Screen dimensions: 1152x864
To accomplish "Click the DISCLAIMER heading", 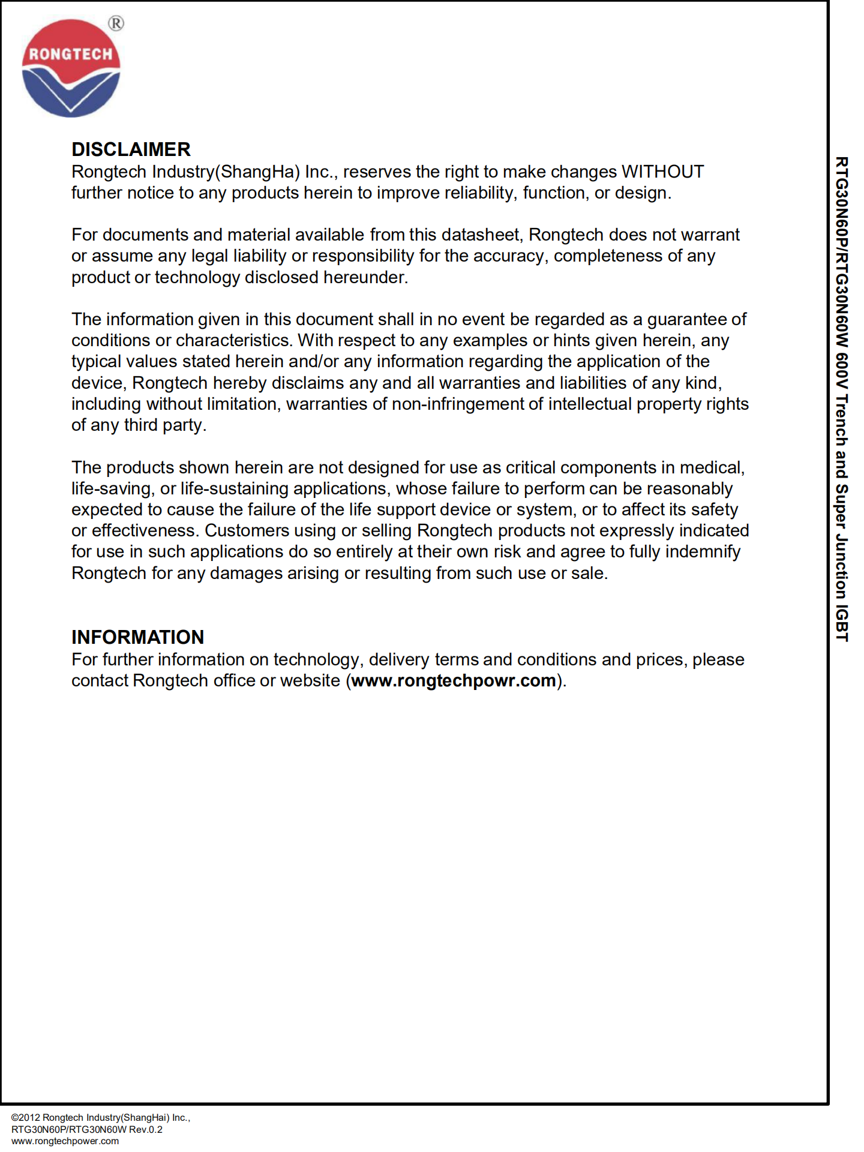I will pos(131,149).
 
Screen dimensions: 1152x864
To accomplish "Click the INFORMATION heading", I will pos(137,637).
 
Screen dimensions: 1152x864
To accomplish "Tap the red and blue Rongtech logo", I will pos(71,68).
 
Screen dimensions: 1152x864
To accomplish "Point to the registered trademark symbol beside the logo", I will pos(116,23).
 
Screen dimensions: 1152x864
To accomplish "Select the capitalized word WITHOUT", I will pos(662,172).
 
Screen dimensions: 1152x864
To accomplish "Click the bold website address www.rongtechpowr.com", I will pos(454,680).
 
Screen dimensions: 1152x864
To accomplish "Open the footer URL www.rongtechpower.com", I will pos(65,1141).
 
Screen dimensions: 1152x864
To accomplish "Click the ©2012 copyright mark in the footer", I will pos(25,1117).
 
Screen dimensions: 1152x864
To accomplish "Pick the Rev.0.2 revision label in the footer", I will pos(146,1129).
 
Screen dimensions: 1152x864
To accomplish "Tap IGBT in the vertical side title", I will pos(842,623).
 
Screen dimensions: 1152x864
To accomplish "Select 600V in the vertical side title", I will pos(842,371).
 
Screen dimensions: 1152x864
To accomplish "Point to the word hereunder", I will pos(365,277).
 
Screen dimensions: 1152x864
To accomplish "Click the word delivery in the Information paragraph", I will pos(399,659).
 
